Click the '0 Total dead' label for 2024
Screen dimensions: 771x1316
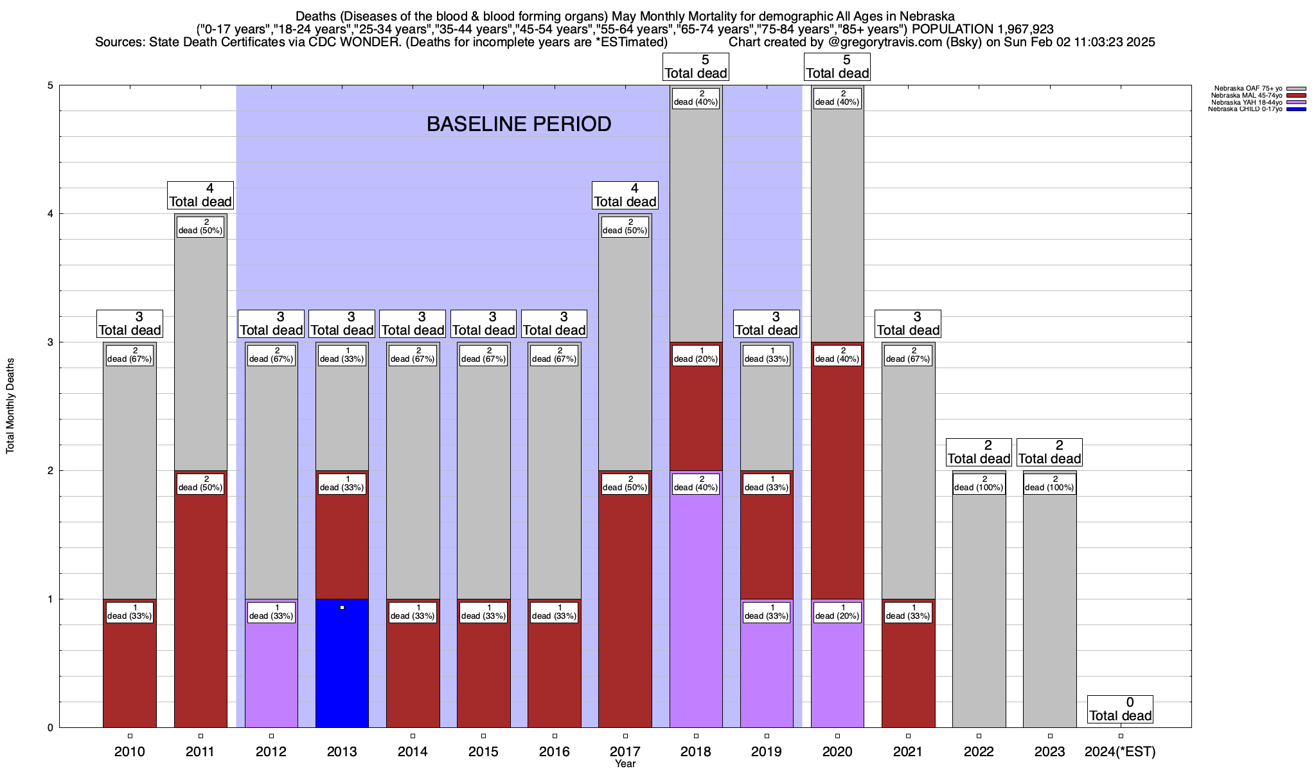point(1120,709)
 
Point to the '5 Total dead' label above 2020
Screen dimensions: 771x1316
point(837,67)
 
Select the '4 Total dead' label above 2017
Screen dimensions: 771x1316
point(625,195)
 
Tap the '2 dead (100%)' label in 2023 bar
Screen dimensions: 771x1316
point(1049,483)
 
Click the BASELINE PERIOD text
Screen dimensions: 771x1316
point(519,124)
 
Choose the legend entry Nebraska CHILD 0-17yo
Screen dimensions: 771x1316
point(1245,109)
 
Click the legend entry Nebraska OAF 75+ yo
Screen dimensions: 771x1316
point(1248,89)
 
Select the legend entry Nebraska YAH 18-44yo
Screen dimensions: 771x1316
point(1246,102)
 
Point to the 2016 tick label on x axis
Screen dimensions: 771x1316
point(555,752)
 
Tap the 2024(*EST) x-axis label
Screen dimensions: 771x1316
point(1120,752)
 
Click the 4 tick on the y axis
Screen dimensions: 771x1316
point(49,214)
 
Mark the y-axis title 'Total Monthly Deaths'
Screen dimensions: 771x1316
point(10,406)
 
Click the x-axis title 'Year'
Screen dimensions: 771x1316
point(625,764)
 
